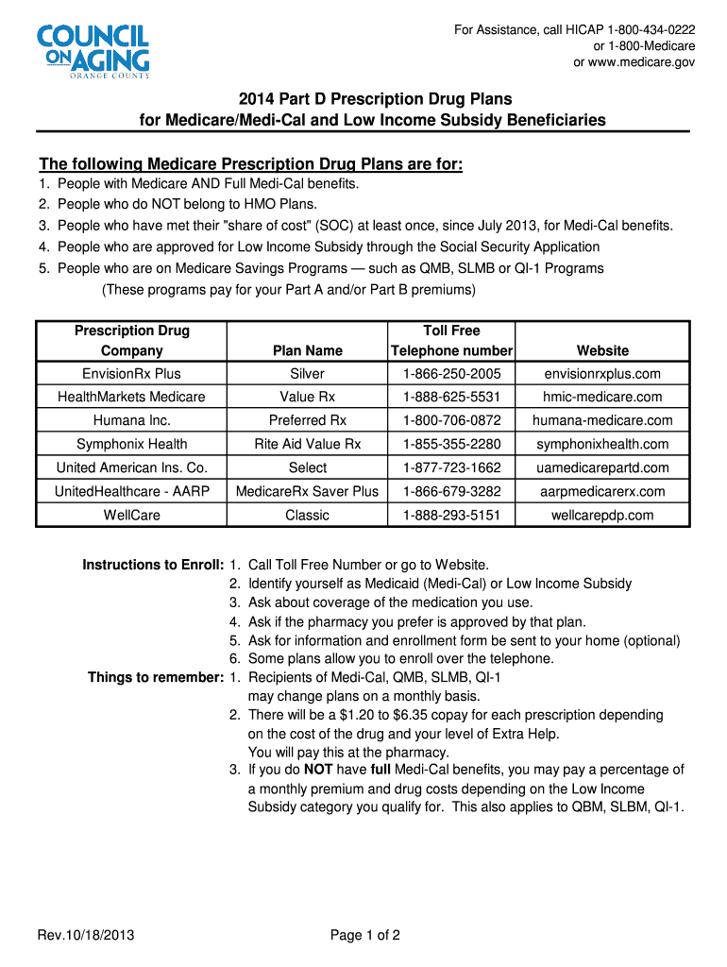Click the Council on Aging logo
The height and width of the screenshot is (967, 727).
pos(93,52)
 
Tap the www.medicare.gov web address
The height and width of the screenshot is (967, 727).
pos(642,62)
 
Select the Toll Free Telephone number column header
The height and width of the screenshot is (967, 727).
pos(451,340)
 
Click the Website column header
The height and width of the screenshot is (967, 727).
pos(602,350)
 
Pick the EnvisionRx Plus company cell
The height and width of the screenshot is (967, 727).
pos(131,374)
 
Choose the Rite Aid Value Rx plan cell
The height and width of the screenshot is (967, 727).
pos(308,444)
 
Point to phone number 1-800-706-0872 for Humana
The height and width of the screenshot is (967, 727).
pos(451,420)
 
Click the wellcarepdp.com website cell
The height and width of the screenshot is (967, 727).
pos(602,515)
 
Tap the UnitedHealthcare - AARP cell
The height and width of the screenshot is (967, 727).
pos(131,491)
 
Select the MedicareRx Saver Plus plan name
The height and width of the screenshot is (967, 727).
pos(308,491)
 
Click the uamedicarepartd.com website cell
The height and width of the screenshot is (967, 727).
pos(602,467)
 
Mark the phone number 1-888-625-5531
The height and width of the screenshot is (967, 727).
pos(451,398)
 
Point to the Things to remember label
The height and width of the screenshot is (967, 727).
pos(155,677)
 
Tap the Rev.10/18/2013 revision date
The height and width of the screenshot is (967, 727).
pos(86,936)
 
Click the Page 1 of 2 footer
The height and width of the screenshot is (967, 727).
pos(365,936)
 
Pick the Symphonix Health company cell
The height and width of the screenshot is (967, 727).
pos(131,444)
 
